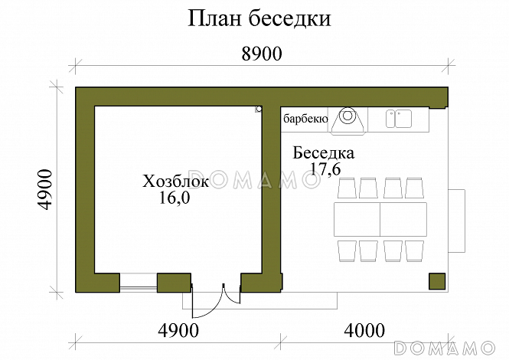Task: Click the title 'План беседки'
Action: [259, 19]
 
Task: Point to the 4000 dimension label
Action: [365, 331]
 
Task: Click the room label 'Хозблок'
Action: [175, 182]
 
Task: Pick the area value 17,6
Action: [325, 169]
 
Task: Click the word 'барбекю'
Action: [305, 119]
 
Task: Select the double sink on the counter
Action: [398, 118]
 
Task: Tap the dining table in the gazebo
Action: [380, 219]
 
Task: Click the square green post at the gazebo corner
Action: [438, 281]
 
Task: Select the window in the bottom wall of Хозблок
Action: [139, 283]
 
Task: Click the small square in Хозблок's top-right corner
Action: [259, 110]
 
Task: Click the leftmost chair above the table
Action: [346, 188]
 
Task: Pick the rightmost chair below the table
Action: [414, 250]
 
